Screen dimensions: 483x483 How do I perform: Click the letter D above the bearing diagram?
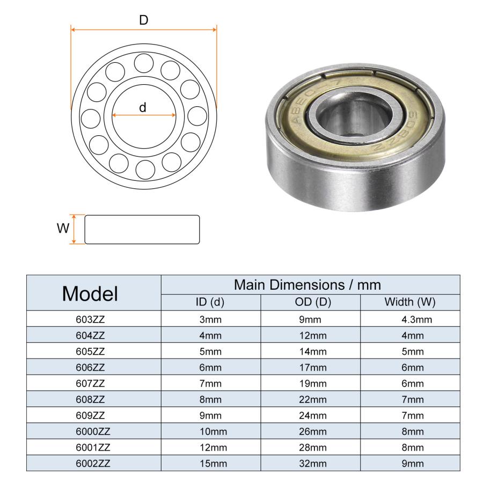pos(143,20)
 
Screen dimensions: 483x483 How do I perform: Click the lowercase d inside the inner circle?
pos(143,107)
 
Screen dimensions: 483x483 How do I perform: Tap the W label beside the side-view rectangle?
pos(63,229)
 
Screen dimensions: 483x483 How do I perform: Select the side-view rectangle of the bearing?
pos(142,230)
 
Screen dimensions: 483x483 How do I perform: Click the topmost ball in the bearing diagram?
pos(144,62)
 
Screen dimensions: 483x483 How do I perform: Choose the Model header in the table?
pos(90,294)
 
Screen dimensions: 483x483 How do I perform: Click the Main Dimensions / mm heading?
pos(307,284)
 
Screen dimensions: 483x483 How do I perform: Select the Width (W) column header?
pos(409,302)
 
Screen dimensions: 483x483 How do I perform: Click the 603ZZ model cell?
pos(90,320)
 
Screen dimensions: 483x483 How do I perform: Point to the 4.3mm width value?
pos(416,320)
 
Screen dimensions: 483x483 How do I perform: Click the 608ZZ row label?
pos(90,399)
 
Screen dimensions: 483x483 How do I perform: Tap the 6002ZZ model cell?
pos(90,463)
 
